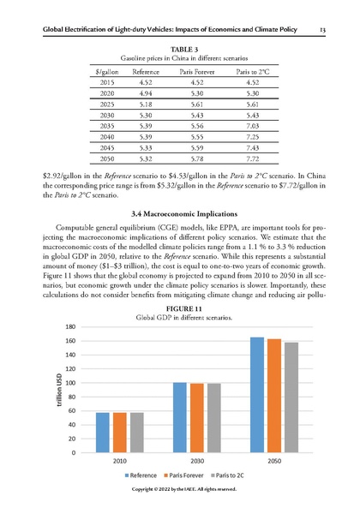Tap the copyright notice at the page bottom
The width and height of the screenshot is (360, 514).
coord(179,489)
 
